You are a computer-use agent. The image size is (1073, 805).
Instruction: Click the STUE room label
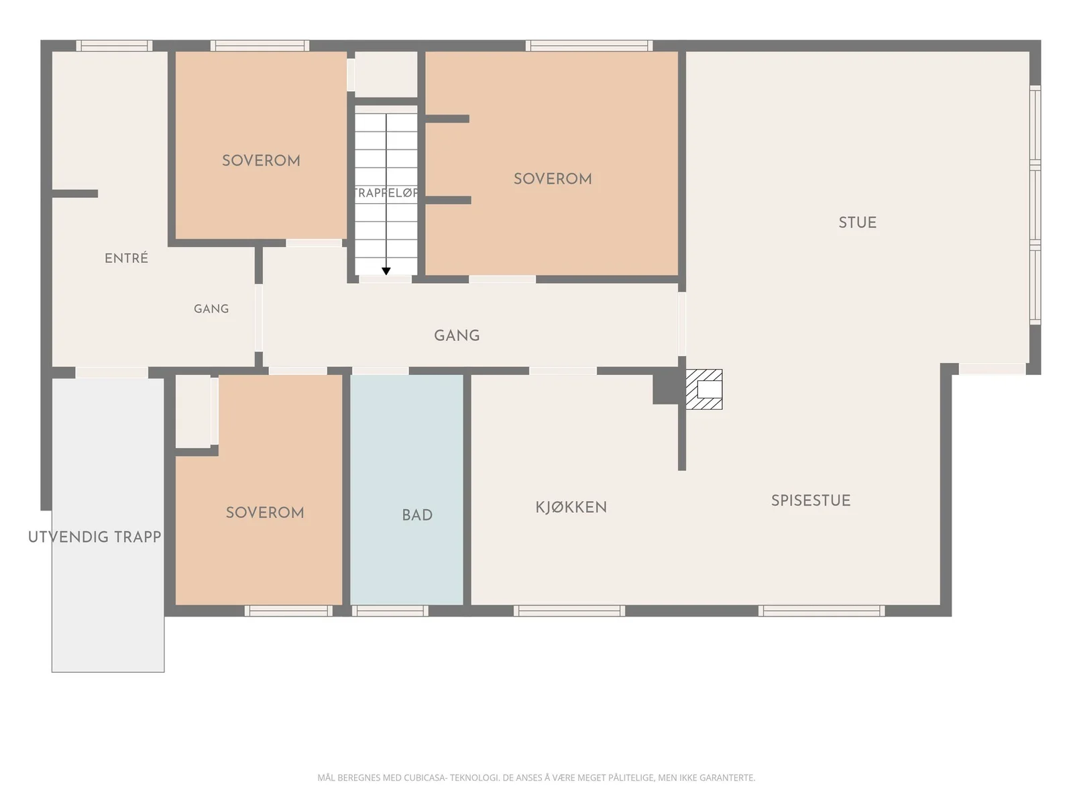[x=857, y=223]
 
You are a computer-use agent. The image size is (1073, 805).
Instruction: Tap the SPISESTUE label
[x=811, y=500]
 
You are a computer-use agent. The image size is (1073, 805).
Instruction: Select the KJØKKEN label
[x=571, y=507]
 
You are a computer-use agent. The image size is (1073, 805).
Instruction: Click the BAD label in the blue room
[x=417, y=515]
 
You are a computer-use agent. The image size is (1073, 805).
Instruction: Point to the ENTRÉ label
[x=126, y=258]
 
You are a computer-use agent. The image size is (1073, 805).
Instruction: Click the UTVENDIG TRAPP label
[x=95, y=537]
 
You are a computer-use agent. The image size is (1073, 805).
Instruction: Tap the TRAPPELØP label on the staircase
[x=386, y=193]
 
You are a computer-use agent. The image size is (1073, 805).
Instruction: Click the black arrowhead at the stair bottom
[x=386, y=271]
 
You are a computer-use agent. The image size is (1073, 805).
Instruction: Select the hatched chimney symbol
[x=704, y=389]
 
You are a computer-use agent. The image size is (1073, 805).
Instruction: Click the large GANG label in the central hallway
[x=457, y=335]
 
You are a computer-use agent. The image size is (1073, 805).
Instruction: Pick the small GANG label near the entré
[x=211, y=309]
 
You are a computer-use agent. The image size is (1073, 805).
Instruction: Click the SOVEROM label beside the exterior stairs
[x=264, y=513]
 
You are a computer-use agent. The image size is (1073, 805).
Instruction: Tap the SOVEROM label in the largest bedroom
[x=553, y=179]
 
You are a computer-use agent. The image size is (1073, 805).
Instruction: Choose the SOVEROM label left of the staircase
[x=261, y=160]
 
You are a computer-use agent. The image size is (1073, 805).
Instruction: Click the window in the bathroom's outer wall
[x=390, y=610]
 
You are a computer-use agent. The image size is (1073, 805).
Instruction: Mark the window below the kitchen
[x=569, y=610]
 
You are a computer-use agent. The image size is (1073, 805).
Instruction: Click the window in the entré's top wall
[x=114, y=46]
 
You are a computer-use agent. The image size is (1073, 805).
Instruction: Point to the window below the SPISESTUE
[x=822, y=610]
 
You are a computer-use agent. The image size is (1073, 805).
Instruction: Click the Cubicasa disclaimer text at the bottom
[x=536, y=777]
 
